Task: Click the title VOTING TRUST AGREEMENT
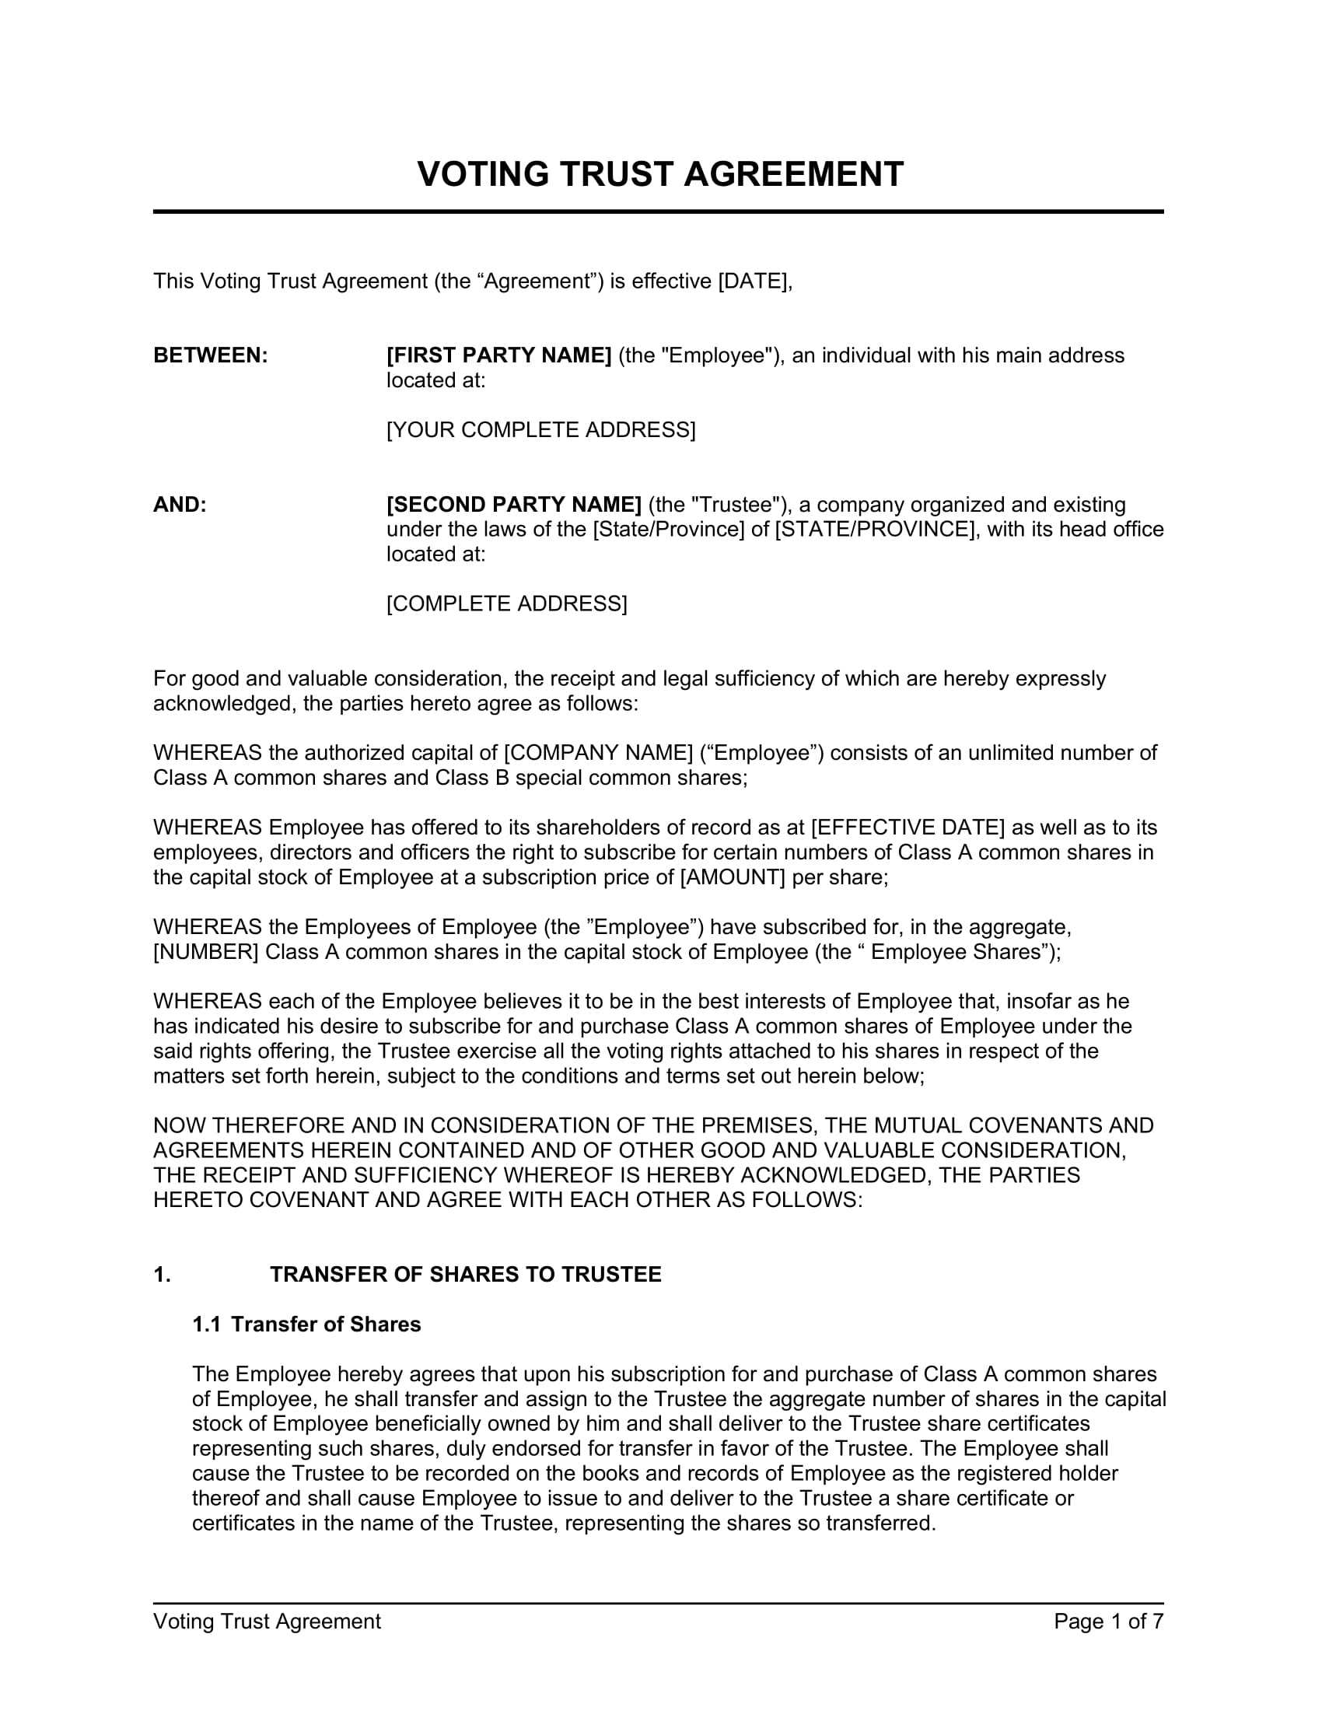tap(660, 174)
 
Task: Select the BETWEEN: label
tap(211, 355)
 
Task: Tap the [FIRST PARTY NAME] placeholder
tap(499, 355)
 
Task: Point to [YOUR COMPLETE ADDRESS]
tap(540, 430)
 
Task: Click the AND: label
tap(180, 505)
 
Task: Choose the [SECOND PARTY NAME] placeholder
tap(514, 505)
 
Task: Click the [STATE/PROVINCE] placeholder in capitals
tap(877, 530)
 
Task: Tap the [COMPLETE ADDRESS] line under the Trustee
tap(507, 604)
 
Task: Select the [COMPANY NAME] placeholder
tap(599, 753)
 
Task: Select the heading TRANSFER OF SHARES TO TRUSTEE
tap(465, 1275)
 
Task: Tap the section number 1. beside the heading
tap(162, 1275)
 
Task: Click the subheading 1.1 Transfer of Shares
tap(306, 1324)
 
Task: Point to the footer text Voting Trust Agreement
tap(267, 1622)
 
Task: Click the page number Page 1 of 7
tap(1108, 1622)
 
